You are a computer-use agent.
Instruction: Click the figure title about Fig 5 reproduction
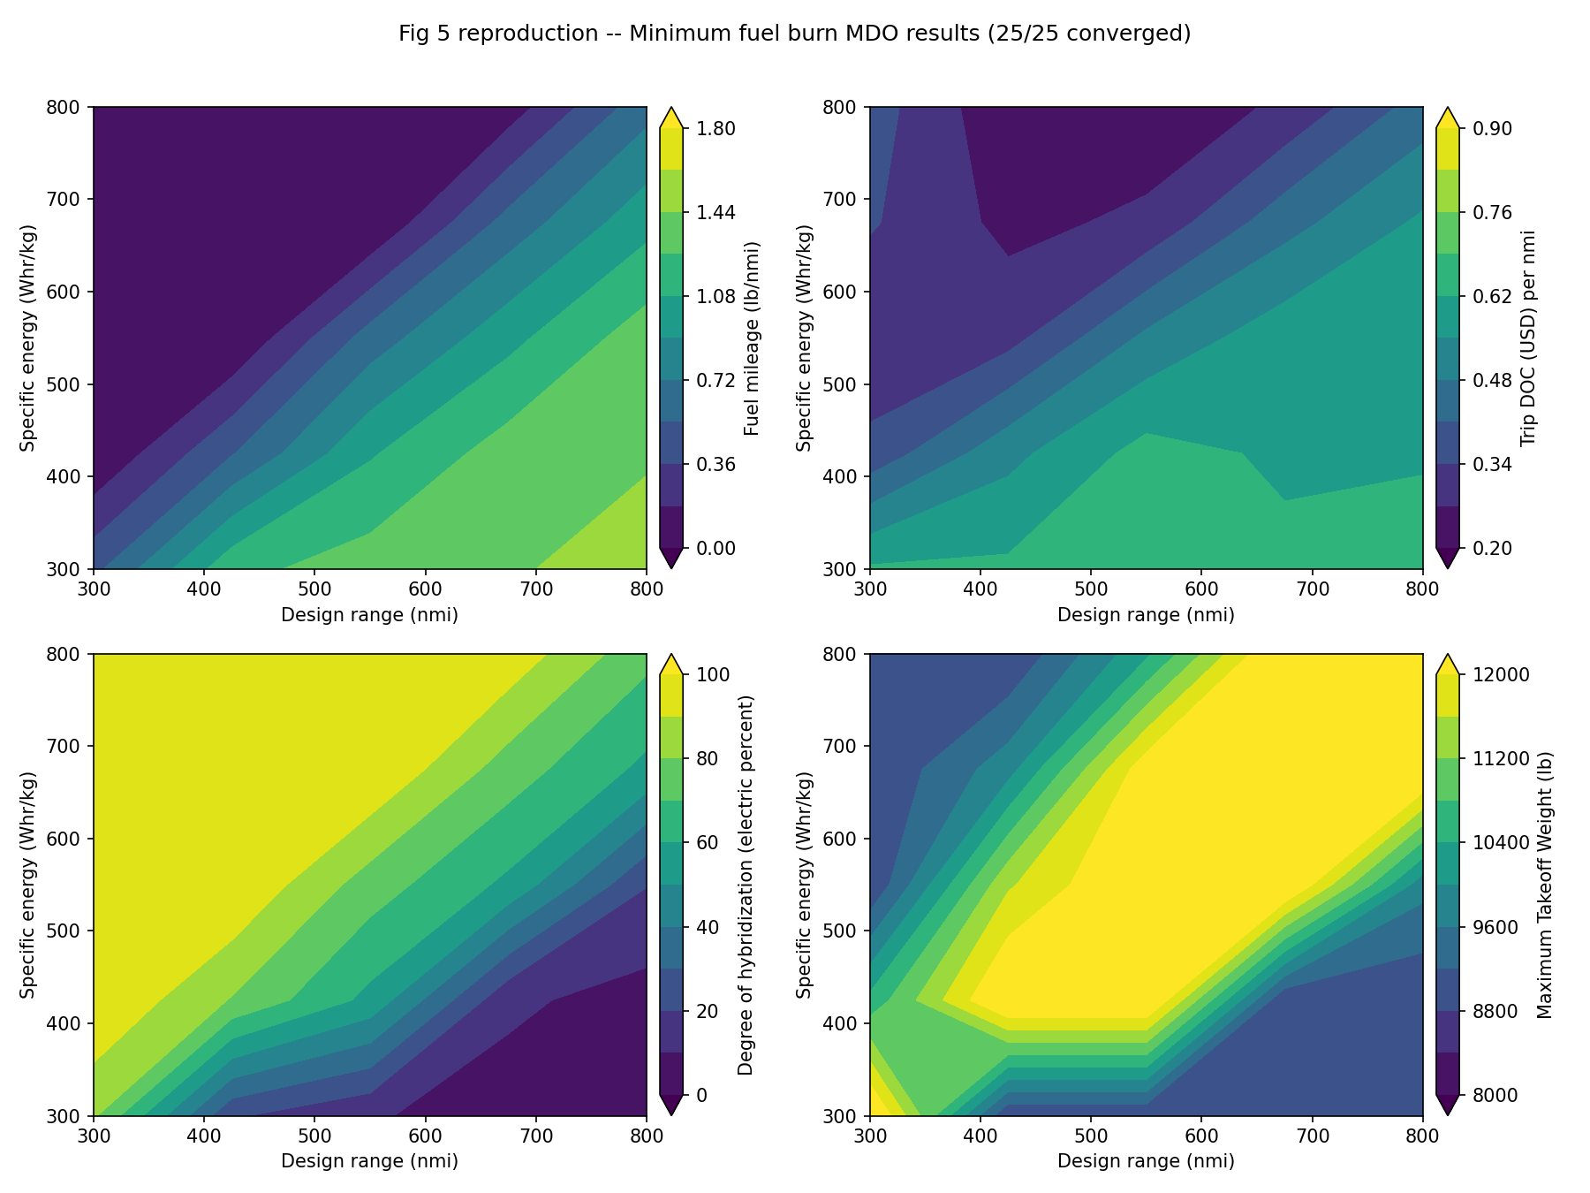click(x=794, y=34)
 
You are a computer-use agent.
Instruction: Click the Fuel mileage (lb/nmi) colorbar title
click(x=752, y=338)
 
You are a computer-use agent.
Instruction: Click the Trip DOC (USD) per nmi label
click(x=1527, y=338)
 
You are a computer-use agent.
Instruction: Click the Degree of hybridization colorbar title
click(x=746, y=885)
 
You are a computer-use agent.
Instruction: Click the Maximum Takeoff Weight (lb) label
click(x=1544, y=885)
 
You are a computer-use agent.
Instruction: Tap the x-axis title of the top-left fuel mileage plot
click(x=369, y=615)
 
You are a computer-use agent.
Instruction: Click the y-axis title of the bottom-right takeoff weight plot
click(x=804, y=885)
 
